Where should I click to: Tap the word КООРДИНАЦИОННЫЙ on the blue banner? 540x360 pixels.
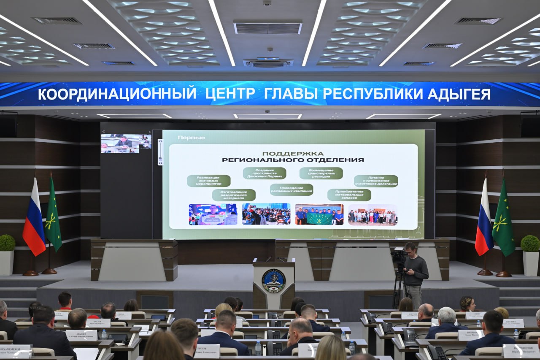[x=117, y=94]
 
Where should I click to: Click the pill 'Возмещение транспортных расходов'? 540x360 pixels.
[x=321, y=173]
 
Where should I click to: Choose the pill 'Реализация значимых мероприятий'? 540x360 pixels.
[x=208, y=181]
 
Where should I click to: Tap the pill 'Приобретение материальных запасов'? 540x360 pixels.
[x=349, y=195]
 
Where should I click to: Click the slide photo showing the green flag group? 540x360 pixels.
[x=319, y=214]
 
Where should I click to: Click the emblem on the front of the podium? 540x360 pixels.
[x=273, y=281]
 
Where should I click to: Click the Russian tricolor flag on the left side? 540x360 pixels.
[x=34, y=219]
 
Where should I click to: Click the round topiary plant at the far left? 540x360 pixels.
[x=7, y=243]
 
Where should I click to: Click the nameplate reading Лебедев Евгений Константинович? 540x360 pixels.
[x=81, y=335]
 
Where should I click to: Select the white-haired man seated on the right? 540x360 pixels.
[x=446, y=323]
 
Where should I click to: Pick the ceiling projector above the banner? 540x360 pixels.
[x=268, y=62]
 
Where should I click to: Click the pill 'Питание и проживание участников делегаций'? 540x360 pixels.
[x=376, y=181]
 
